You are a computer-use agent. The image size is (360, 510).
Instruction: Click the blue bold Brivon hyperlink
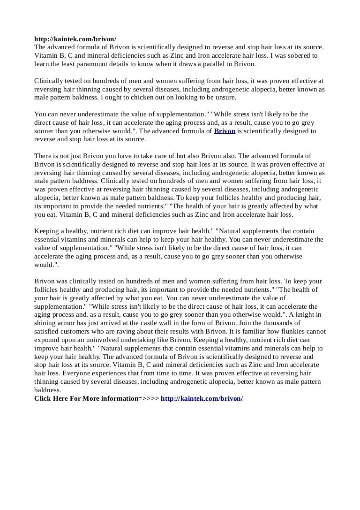click(225, 131)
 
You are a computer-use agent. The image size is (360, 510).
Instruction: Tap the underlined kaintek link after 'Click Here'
click(202, 398)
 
